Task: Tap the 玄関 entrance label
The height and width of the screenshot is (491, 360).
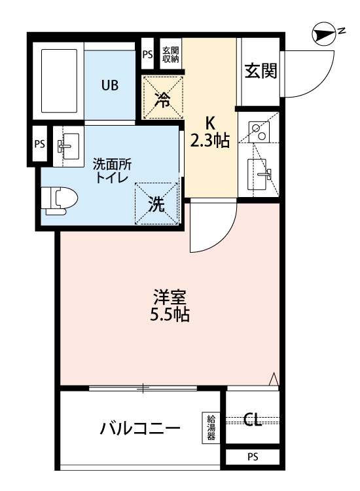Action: point(260,71)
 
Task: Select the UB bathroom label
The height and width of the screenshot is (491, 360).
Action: point(109,85)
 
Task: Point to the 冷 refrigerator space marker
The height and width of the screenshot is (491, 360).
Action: point(162,98)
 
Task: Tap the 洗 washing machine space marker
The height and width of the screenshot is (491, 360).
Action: point(156,204)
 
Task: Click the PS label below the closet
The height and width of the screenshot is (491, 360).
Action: point(252,456)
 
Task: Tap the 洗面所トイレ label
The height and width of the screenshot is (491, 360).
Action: point(111,171)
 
